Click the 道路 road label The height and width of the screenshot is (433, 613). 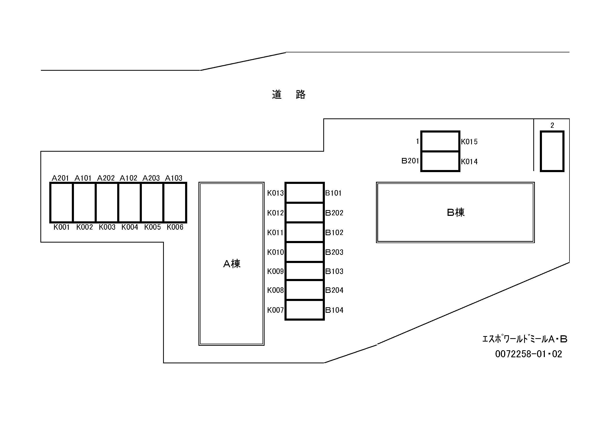[x=289, y=95]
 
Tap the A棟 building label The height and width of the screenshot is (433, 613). [x=232, y=264]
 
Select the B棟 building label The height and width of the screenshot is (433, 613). [x=455, y=212]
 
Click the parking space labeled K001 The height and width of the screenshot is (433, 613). [x=61, y=202]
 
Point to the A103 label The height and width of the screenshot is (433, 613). [x=174, y=178]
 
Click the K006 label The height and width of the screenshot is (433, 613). [x=175, y=227]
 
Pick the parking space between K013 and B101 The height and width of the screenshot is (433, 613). [x=304, y=193]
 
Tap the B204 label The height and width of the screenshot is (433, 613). [x=334, y=290]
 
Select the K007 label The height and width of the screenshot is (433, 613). [x=275, y=310]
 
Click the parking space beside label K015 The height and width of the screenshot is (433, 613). [x=440, y=141]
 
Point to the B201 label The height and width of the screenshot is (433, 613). [x=410, y=161]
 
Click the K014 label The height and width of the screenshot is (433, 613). [x=469, y=162]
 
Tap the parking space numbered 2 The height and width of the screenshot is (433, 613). [x=552, y=151]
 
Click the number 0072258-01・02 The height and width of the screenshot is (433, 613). [x=528, y=354]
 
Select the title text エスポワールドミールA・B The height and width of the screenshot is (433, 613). [x=525, y=339]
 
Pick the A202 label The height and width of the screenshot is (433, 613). [x=106, y=178]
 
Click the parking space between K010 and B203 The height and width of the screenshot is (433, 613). [x=304, y=252]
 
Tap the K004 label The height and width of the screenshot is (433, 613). [x=130, y=227]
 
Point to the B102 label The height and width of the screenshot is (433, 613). [x=334, y=232]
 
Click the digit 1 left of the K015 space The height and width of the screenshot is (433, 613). [x=417, y=141]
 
